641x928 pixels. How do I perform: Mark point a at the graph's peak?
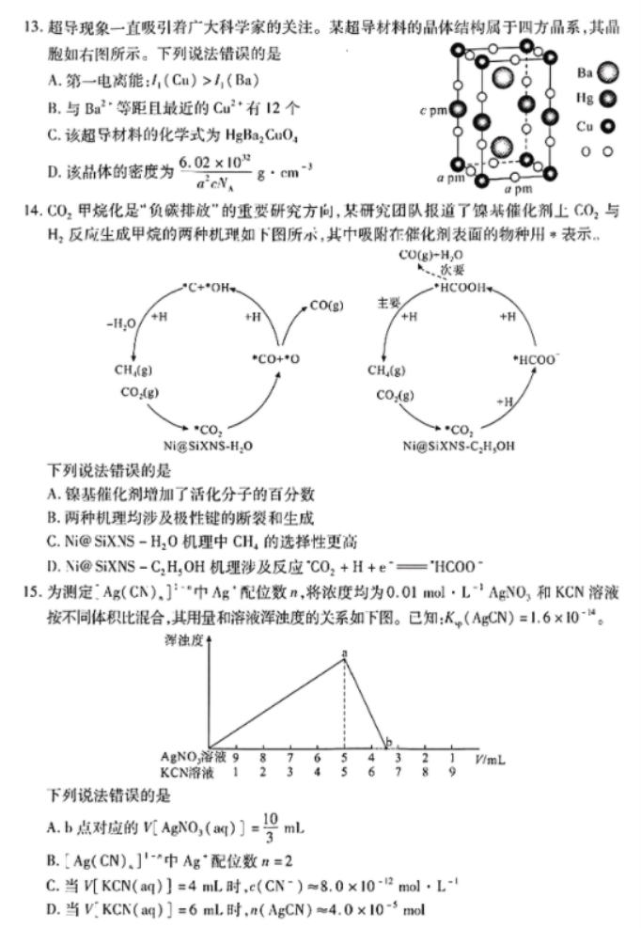click(x=344, y=658)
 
